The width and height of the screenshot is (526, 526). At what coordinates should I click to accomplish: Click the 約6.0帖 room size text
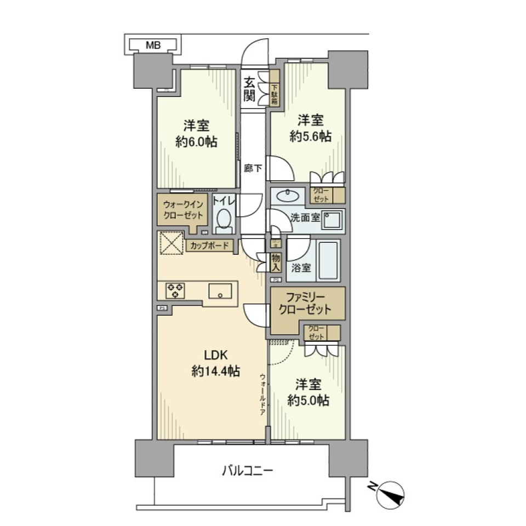[x=196, y=142]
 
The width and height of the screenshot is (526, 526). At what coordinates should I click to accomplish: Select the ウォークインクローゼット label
[x=183, y=209]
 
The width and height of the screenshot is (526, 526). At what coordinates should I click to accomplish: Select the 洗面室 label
[x=304, y=217]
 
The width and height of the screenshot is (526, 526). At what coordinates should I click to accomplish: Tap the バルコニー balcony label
[x=248, y=470]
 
